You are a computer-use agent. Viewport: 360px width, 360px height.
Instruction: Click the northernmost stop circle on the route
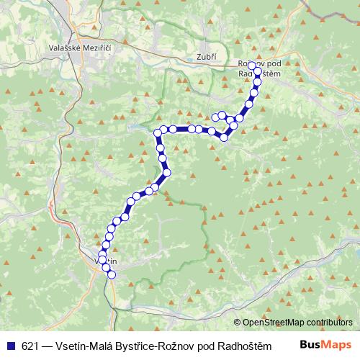pyautogui.click(x=251, y=66)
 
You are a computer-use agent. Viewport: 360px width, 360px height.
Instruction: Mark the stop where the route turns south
pyautogui.click(x=158, y=132)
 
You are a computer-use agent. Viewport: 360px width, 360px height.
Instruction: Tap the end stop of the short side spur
pyautogui.click(x=215, y=116)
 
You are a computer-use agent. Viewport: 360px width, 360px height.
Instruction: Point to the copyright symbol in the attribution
pyautogui.click(x=237, y=323)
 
